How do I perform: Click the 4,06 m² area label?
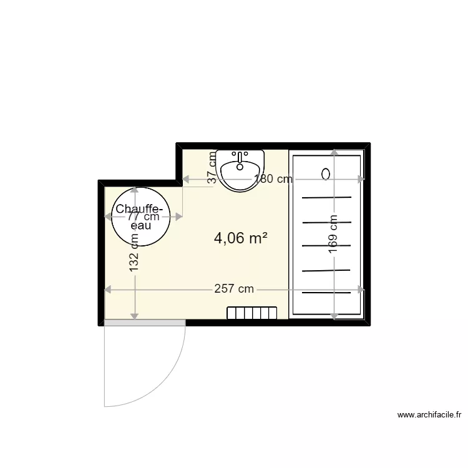[241, 238]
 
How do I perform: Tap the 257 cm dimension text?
[234, 289]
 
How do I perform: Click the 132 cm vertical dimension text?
[134, 252]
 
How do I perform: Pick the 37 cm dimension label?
[213, 167]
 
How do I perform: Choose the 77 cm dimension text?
[143, 217]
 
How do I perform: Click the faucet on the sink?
[240, 157]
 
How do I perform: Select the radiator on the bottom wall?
[251, 313]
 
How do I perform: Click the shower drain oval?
[326, 174]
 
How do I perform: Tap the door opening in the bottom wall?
[145, 323]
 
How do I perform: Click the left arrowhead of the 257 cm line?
[107, 290]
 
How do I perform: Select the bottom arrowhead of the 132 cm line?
[134, 314]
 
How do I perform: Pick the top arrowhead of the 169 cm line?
[334, 153]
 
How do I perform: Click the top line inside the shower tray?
[327, 198]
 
